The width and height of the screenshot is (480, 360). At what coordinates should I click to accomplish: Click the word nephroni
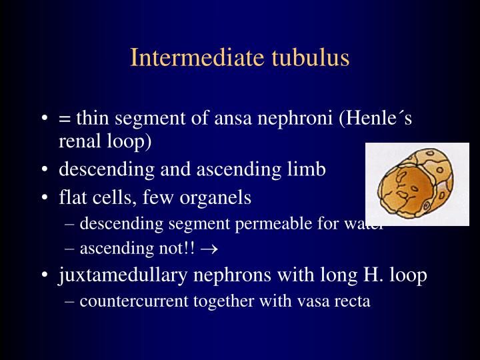pyautogui.click(x=294, y=119)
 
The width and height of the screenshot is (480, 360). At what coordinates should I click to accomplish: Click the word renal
pyautogui.click(x=79, y=141)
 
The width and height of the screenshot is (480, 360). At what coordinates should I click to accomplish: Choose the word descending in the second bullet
pyautogui.click(x=103, y=169)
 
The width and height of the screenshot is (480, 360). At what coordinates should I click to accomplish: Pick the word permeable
pyautogui.click(x=271, y=223)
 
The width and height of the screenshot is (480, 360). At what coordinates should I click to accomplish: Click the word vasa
pyautogui.click(x=313, y=301)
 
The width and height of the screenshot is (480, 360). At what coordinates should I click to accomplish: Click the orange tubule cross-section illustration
pyautogui.click(x=417, y=183)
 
